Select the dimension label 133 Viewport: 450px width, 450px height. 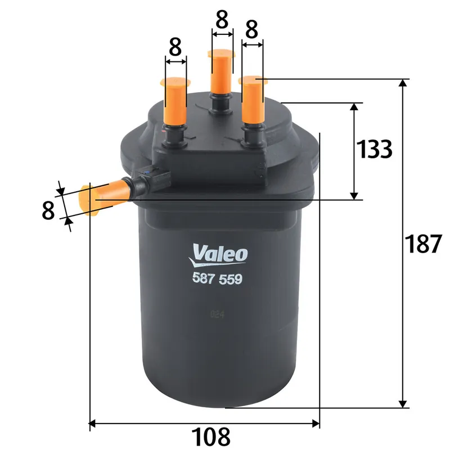pos(374,149)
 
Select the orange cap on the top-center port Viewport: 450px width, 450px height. pos(221,70)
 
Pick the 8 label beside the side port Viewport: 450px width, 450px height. pos(48,210)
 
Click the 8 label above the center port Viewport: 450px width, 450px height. pos(222,21)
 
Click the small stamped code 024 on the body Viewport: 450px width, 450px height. pos(217,316)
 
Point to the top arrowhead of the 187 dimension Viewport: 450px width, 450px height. pos(403,83)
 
